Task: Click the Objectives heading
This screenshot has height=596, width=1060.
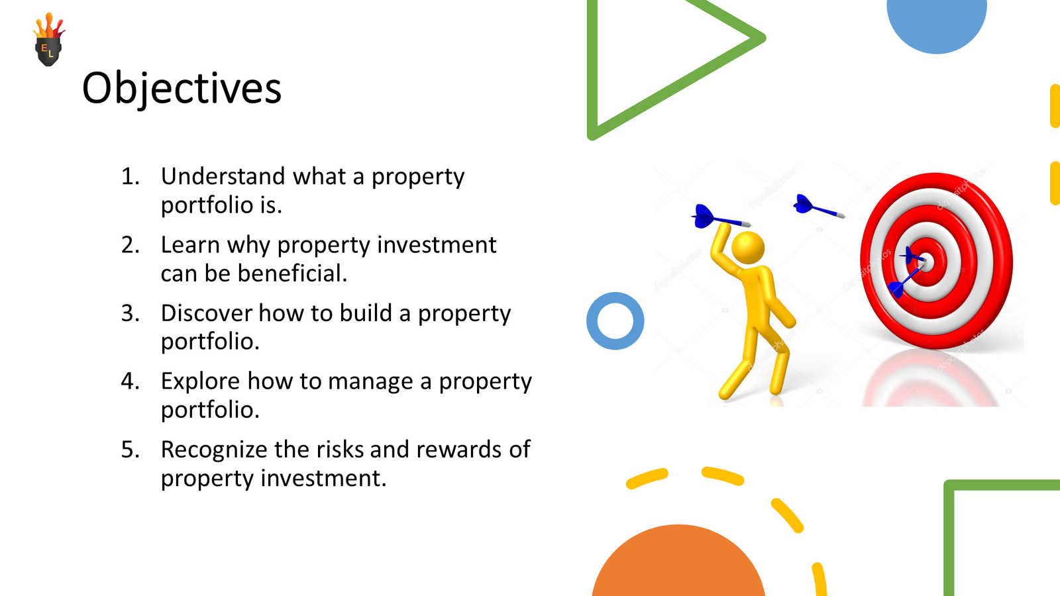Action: [x=182, y=89]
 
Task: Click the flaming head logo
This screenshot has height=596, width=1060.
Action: [x=49, y=39]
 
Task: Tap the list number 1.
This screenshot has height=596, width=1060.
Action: [x=130, y=176]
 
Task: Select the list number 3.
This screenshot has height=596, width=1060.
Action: [x=130, y=313]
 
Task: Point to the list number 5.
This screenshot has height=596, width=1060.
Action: [x=130, y=450]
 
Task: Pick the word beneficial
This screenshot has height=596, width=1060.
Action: [x=292, y=273]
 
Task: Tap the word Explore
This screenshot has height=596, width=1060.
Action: [x=200, y=381]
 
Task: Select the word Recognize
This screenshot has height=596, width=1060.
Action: [x=214, y=450]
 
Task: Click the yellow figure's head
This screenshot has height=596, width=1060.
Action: [x=748, y=248]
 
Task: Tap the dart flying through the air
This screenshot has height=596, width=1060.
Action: [x=819, y=207]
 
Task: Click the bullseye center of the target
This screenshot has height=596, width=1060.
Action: [x=926, y=262]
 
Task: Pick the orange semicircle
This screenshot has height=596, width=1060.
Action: [x=678, y=563]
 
